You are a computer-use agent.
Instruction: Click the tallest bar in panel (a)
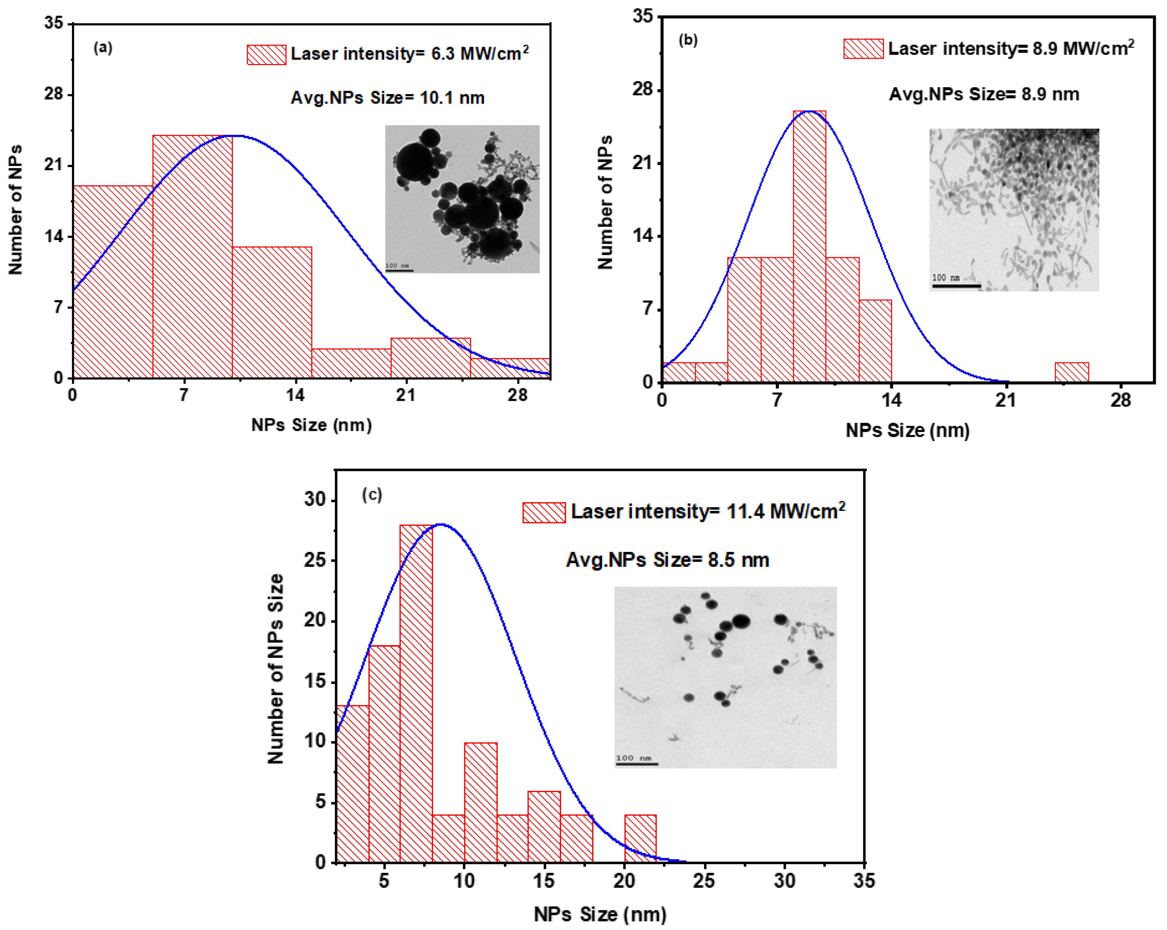click(x=192, y=257)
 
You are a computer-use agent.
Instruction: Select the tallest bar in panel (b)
click(x=809, y=246)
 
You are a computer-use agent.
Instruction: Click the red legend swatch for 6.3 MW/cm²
click(x=266, y=55)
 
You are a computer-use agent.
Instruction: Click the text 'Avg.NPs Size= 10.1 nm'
click(x=388, y=98)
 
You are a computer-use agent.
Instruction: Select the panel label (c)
click(x=372, y=494)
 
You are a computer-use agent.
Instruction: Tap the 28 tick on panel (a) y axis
click(x=54, y=94)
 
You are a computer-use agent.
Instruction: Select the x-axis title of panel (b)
click(x=907, y=430)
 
